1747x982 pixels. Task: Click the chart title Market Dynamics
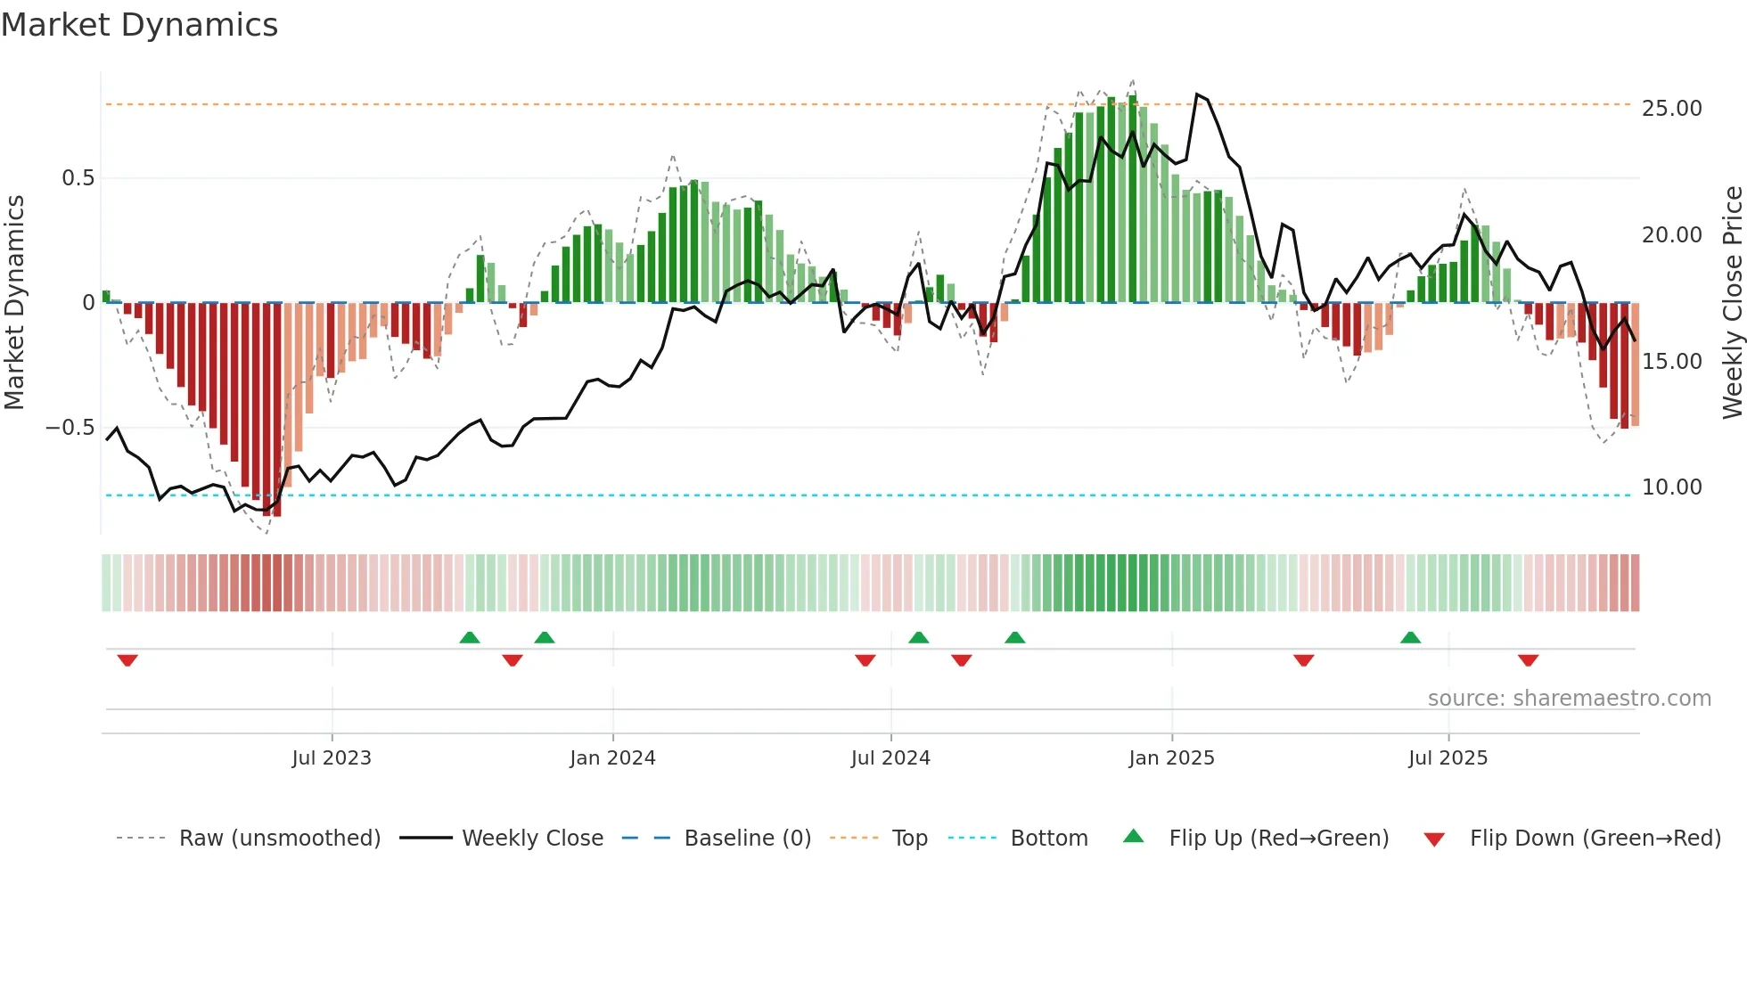pyautogui.click(x=140, y=25)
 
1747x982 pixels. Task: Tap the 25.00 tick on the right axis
pyautogui.click(x=1671, y=109)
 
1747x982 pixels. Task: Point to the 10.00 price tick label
pyautogui.click(x=1671, y=487)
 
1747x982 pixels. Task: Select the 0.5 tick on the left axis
pyautogui.click(x=78, y=178)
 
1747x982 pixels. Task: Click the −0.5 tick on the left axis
pyautogui.click(x=70, y=428)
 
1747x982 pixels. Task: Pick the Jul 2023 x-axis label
pyautogui.click(x=332, y=758)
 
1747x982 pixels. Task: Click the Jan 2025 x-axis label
pyautogui.click(x=1171, y=758)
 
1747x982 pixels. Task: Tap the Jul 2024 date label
pyautogui.click(x=890, y=758)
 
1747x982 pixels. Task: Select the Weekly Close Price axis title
pyautogui.click(x=1732, y=303)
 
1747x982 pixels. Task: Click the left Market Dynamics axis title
pyautogui.click(x=14, y=303)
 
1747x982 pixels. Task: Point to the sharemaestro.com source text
pyautogui.click(x=1569, y=699)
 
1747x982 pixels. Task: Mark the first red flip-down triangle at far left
pyautogui.click(x=127, y=660)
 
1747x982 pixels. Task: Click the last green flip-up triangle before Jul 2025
pyautogui.click(x=1410, y=637)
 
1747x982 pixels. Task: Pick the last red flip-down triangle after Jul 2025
pyautogui.click(x=1528, y=660)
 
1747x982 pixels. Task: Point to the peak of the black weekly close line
pyautogui.click(x=1197, y=94)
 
